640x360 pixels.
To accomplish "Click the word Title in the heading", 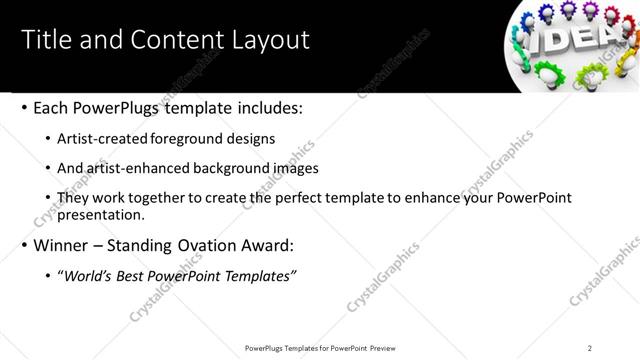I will click(45, 40).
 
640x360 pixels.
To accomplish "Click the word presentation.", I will click(101, 214).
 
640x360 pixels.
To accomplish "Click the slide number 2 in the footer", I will click(590, 348).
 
